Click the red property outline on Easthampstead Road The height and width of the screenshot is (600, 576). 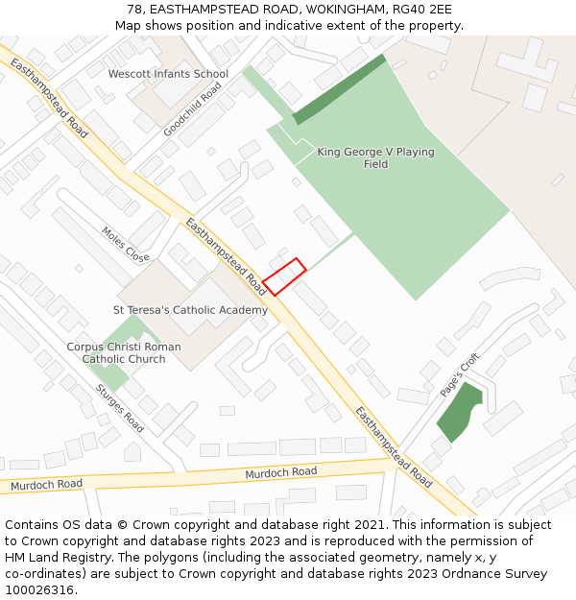click(x=284, y=276)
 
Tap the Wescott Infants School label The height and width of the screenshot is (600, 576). click(x=168, y=74)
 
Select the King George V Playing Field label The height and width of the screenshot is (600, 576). click(x=375, y=158)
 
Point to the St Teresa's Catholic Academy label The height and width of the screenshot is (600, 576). click(x=191, y=310)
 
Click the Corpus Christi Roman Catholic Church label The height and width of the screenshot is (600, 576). click(x=123, y=353)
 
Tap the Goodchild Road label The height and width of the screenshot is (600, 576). click(x=192, y=108)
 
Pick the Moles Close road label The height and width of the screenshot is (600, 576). click(x=126, y=245)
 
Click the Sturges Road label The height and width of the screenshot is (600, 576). click(x=119, y=408)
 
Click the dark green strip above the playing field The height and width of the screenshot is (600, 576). click(x=339, y=89)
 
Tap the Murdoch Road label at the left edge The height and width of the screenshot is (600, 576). click(x=46, y=485)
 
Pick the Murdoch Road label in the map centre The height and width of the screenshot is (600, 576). click(x=280, y=472)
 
